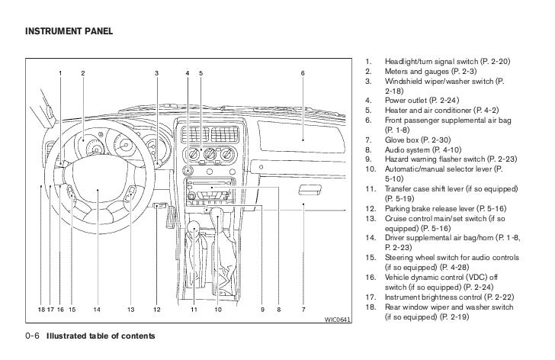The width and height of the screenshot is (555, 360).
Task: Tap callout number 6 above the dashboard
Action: [x=303, y=72]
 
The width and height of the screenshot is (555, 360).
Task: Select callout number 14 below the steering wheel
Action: [x=97, y=310]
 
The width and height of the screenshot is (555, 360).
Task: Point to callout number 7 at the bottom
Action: [x=303, y=310]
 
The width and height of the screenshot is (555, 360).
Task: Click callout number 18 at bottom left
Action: [x=41, y=310]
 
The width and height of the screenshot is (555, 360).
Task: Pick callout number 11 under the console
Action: [x=194, y=310]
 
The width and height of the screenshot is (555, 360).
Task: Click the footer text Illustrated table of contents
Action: [x=101, y=336]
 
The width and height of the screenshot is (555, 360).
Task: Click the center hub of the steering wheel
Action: [x=97, y=200]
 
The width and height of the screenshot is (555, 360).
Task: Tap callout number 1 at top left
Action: [x=60, y=72]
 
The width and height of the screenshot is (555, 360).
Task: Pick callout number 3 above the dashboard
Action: [x=156, y=72]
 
